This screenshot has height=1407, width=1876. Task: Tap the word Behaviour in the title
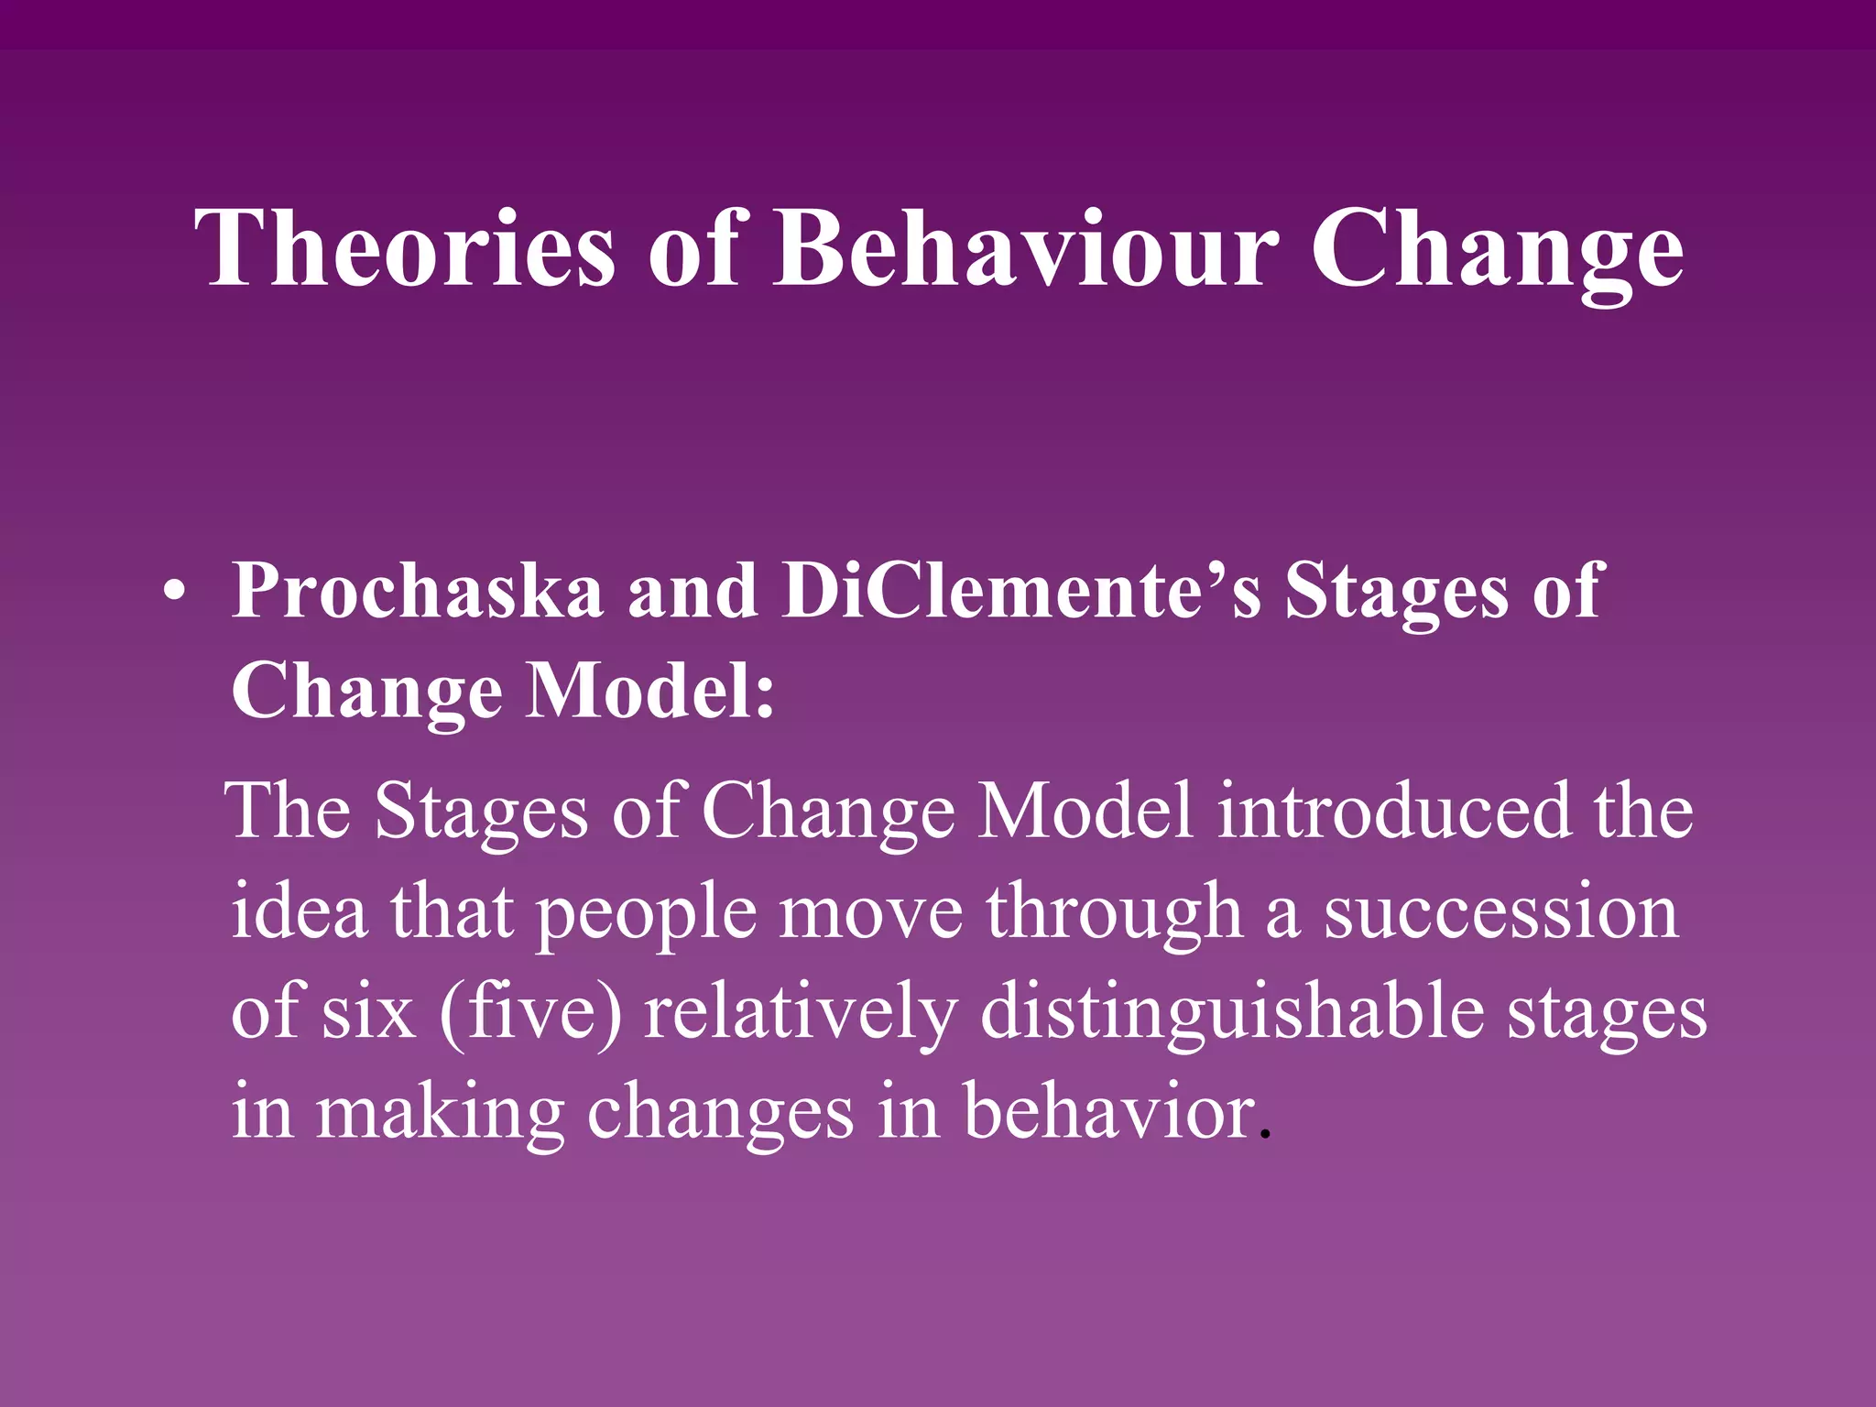click(x=1025, y=249)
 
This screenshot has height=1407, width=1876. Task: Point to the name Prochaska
click(x=418, y=592)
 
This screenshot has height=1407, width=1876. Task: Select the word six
click(x=367, y=1012)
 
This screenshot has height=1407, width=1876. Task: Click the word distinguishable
click(x=1232, y=1012)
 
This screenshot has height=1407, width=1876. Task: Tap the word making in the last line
click(x=440, y=1112)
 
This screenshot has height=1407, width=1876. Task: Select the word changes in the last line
click(x=720, y=1112)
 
